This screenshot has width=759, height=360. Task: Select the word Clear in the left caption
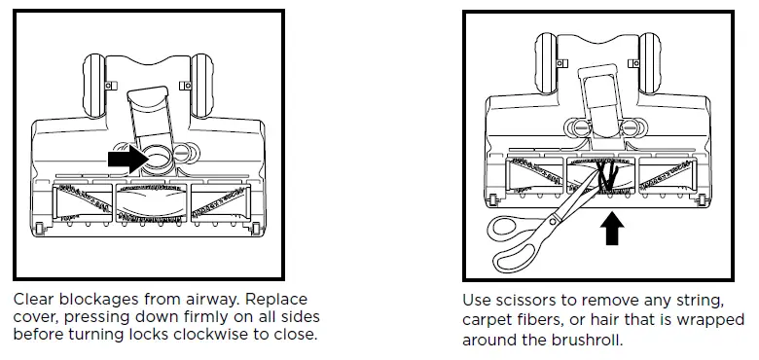pyautogui.click(x=34, y=299)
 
